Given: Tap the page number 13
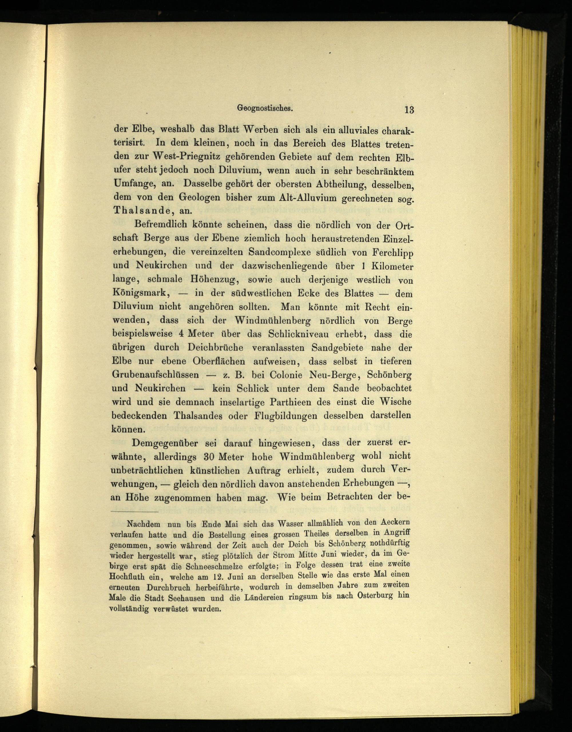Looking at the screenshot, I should coord(409,109).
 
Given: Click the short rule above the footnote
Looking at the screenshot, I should coord(134,512).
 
